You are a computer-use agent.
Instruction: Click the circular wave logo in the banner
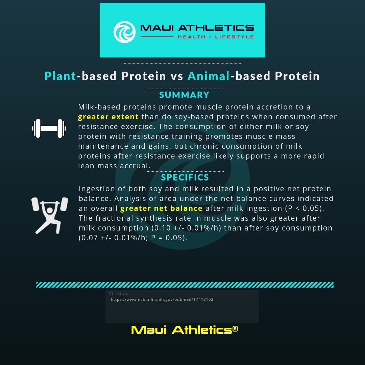[124, 32]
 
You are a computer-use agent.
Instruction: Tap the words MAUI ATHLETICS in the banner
[197, 28]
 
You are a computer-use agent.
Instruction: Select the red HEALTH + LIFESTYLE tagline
[216, 37]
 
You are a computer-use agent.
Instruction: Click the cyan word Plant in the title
[60, 76]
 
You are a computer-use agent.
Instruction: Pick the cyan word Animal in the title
[209, 76]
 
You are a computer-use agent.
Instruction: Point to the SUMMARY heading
[184, 95]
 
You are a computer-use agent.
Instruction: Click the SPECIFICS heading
[185, 177]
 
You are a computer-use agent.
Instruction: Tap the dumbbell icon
[49, 128]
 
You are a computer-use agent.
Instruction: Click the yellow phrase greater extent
[108, 117]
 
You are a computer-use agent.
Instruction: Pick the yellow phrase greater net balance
[161, 208]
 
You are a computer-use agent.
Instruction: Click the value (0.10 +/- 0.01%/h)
[186, 228]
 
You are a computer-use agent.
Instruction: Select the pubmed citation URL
[162, 299]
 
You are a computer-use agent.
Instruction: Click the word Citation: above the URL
[119, 294]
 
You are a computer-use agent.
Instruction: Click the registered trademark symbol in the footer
[235, 328]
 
